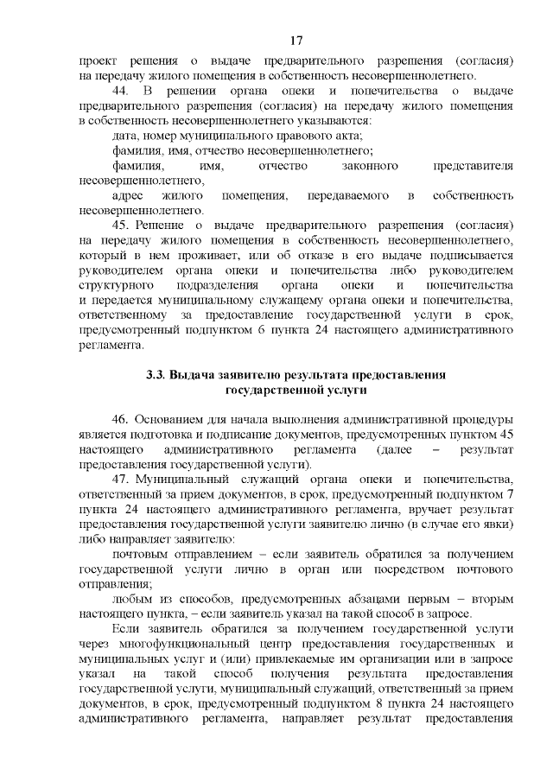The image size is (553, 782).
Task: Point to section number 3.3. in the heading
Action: coord(156,374)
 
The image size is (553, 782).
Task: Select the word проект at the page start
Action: coord(97,61)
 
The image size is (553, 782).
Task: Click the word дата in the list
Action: coord(126,136)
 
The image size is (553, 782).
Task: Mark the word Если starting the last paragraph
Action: coord(125,628)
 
